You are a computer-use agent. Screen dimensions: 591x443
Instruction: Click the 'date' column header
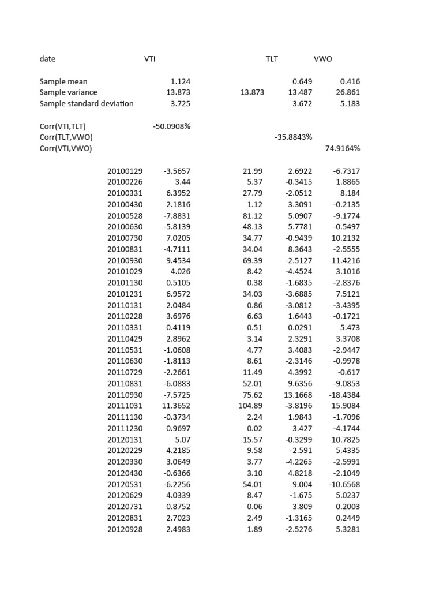(x=47, y=59)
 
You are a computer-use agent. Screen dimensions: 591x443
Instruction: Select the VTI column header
(x=149, y=59)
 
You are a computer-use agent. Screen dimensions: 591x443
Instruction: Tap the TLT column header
(x=271, y=59)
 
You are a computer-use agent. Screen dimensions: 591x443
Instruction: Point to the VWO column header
(x=322, y=59)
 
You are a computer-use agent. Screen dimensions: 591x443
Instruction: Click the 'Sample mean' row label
(x=63, y=81)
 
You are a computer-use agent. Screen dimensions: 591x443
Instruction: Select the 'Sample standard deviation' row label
(x=86, y=104)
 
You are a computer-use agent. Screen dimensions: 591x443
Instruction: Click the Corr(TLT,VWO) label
(x=66, y=137)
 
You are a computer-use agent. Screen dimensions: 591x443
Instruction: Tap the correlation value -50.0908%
(x=171, y=126)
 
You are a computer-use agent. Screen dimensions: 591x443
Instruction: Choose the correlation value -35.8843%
(x=293, y=137)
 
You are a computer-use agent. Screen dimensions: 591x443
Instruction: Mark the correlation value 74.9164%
(x=343, y=148)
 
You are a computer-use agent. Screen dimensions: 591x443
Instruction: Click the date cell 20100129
(x=125, y=171)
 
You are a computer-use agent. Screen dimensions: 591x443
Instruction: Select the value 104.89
(x=250, y=406)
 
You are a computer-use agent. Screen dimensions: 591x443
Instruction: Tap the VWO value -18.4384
(x=344, y=395)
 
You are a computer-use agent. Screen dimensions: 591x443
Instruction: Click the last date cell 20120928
(x=125, y=529)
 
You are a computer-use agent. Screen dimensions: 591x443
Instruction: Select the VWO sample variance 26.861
(x=348, y=92)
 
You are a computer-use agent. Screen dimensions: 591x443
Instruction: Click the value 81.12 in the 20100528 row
(x=253, y=216)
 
